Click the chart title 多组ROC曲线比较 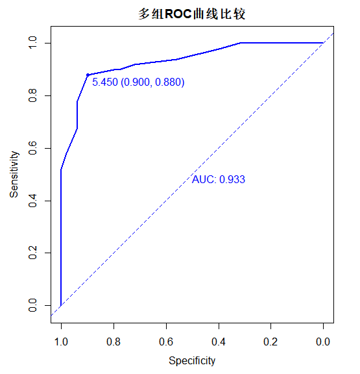[191, 14]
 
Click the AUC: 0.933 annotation [219, 179]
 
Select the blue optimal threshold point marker [88, 75]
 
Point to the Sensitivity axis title [14, 174]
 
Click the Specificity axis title [192, 360]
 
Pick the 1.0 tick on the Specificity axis [61, 342]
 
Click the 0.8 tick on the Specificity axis [114, 342]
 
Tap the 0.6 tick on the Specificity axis [166, 342]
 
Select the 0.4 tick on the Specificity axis [219, 342]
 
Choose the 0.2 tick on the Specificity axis [271, 342]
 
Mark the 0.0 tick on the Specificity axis [323, 342]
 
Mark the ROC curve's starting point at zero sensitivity [61, 305]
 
